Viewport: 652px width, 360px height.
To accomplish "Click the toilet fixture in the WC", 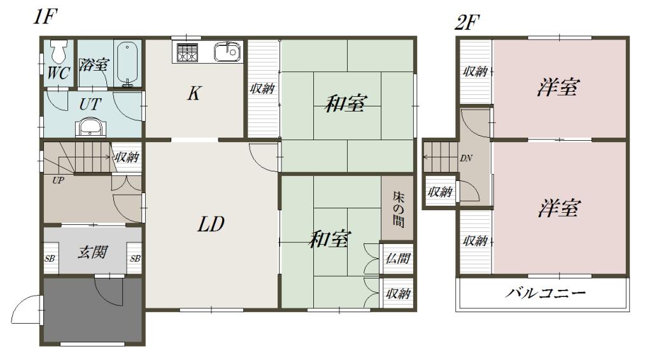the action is [58, 51].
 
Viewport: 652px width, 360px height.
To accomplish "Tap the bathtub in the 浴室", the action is [127, 64].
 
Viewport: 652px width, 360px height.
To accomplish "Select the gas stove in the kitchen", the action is [187, 52].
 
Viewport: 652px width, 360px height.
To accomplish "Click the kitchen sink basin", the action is [227, 52].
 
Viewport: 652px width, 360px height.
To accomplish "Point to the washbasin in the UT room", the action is [90, 127].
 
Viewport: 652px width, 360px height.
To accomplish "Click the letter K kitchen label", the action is [194, 93].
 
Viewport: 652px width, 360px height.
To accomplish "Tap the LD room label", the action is [210, 224].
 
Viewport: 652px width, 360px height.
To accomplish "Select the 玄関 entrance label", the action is [93, 252].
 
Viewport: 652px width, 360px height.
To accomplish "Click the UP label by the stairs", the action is [58, 180].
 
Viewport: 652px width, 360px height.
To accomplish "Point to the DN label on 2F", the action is [465, 158].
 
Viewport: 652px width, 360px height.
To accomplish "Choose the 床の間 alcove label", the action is [399, 209].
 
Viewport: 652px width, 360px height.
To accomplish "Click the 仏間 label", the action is [398, 259].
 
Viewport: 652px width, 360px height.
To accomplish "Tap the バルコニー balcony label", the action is [545, 293].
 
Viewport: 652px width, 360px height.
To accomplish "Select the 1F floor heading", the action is [45, 16].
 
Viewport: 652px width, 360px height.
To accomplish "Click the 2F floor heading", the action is [467, 22].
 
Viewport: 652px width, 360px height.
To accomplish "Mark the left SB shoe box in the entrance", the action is [50, 259].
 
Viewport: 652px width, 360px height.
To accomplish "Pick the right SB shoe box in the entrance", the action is [135, 259].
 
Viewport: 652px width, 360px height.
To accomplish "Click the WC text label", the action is [58, 73].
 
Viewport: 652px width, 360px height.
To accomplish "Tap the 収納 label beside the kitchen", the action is [262, 88].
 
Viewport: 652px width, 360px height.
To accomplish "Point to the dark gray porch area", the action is [94, 310].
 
